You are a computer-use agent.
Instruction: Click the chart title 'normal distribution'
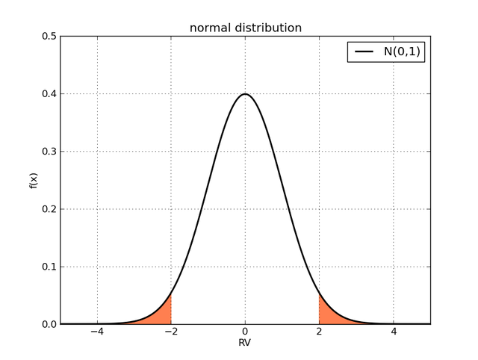[245, 28]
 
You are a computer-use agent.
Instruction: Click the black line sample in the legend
[364, 52]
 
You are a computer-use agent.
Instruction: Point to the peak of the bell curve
[245, 94]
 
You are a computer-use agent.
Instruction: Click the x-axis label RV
[245, 343]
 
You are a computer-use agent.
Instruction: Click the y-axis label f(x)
[34, 180]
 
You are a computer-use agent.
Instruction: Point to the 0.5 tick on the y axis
[49, 37]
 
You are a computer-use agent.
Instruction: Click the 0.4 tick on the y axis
[49, 94]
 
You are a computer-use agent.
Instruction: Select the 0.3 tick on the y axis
[49, 152]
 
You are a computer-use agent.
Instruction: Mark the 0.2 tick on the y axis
[49, 209]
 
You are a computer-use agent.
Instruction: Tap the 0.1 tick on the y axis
[49, 267]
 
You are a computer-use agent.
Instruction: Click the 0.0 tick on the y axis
[49, 324]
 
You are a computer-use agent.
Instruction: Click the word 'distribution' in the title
[267, 28]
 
